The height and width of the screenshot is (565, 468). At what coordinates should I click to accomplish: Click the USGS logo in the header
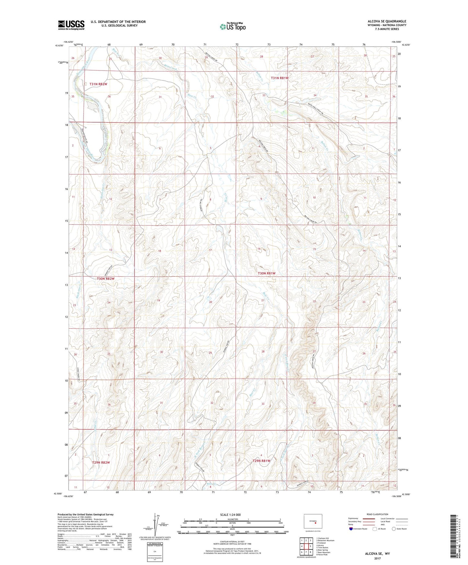tap(71, 25)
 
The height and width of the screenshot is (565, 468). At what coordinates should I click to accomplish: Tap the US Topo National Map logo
tap(233, 26)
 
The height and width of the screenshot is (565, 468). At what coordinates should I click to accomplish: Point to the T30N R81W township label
tap(267, 273)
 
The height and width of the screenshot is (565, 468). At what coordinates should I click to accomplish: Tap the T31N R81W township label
tap(280, 78)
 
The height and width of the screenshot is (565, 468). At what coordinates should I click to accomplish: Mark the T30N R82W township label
tap(106, 279)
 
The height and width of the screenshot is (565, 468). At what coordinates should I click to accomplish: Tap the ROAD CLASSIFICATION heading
tap(378, 514)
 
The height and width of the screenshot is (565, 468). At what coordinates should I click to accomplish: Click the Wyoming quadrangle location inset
tap(313, 522)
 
